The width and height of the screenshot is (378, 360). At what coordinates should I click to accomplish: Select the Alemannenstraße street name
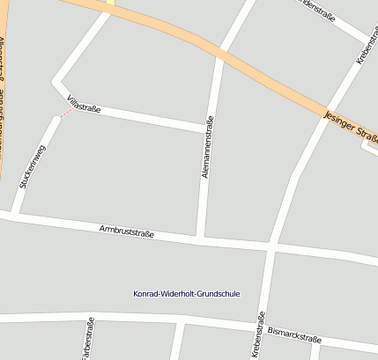click(x=209, y=149)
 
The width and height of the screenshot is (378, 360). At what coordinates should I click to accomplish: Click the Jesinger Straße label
click(x=351, y=126)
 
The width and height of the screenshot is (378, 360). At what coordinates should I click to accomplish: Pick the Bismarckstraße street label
click(x=294, y=337)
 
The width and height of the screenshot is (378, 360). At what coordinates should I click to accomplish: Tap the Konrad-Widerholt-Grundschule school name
click(x=186, y=293)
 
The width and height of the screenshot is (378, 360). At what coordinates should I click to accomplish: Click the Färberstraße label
click(x=87, y=342)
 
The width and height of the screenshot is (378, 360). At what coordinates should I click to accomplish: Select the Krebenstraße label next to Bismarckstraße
click(x=259, y=335)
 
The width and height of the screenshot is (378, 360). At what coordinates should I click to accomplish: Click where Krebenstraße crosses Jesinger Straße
click(x=323, y=108)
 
